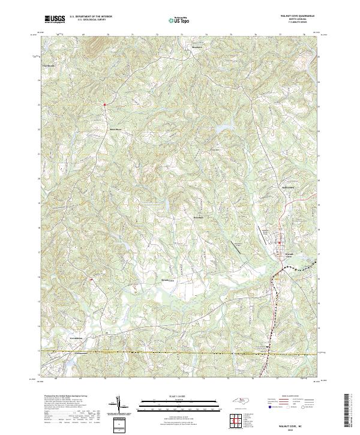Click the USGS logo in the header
(x=55, y=19)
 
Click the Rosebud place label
(x=199, y=217)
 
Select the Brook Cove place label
(x=167, y=280)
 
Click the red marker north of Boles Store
(x=104, y=105)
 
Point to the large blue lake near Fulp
(x=222, y=128)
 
